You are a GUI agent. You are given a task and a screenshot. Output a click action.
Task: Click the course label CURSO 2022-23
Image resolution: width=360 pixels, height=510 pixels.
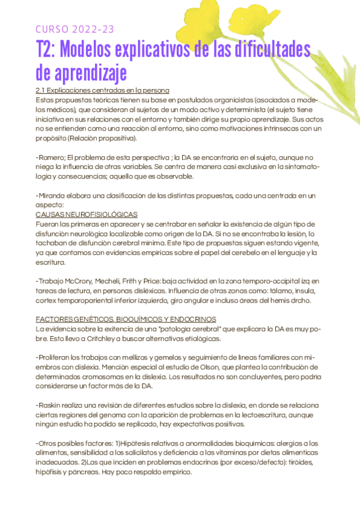pyautogui.click(x=75, y=29)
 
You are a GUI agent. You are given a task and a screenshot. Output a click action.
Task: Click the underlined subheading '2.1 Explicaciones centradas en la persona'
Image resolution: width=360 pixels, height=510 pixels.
pyautogui.click(x=103, y=90)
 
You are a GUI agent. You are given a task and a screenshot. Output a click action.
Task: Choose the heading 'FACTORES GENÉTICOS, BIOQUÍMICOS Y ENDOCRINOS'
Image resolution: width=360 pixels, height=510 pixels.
pyautogui.click(x=126, y=319)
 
